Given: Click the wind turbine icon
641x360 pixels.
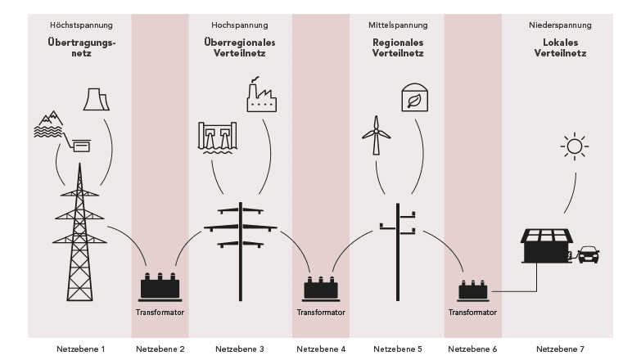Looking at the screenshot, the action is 376,135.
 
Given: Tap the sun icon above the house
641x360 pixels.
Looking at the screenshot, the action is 575,146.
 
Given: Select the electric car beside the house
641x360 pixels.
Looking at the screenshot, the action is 589,254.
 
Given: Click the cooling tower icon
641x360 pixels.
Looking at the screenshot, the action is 97,99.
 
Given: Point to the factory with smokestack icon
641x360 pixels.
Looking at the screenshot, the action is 261,95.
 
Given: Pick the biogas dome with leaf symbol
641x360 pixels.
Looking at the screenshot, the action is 414,97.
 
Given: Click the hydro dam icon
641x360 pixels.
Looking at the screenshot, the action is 218,137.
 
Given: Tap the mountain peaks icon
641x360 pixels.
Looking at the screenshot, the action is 52,118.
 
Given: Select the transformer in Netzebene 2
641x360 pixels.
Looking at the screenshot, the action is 160,287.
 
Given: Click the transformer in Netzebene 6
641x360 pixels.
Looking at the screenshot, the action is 473,290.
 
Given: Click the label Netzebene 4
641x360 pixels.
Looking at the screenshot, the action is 321,349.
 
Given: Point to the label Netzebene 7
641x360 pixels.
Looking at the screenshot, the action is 560,349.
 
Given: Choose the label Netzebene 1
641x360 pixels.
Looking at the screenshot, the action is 80,349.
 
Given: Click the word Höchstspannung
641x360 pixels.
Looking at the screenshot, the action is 81,25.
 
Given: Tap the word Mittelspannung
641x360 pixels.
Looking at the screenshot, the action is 398,25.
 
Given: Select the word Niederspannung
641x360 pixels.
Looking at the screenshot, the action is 560,25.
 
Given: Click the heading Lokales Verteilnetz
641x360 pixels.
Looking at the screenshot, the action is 560,47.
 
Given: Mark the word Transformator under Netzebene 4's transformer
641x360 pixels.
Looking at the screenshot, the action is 321,313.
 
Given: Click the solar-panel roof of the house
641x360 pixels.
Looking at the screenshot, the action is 547,236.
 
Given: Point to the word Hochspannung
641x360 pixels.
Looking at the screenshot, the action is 240,25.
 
